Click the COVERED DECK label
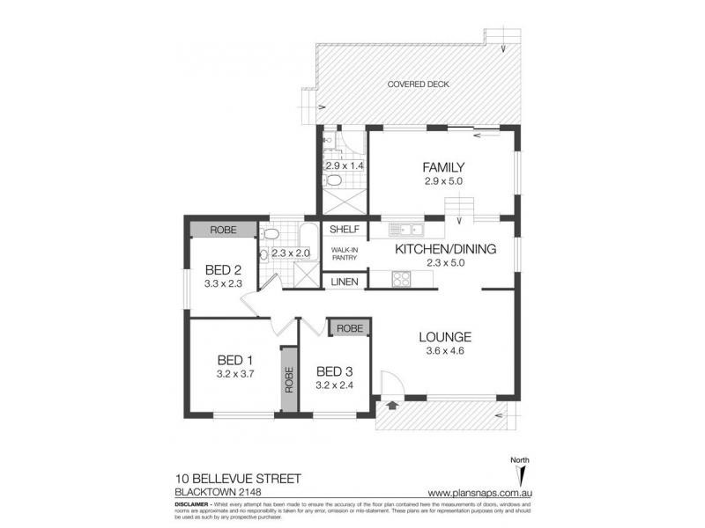[x=419, y=84]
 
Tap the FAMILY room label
[x=442, y=168]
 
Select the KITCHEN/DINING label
[x=445, y=249]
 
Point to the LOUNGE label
[x=445, y=336]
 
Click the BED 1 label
[x=236, y=359]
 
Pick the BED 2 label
[x=223, y=269]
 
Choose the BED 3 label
[x=334, y=370]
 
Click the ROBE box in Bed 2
[x=224, y=230]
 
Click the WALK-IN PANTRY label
[x=344, y=255]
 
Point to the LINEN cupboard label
[x=344, y=282]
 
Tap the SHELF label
[x=343, y=230]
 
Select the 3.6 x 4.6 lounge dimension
[x=445, y=352]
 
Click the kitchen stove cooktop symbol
[x=401, y=281]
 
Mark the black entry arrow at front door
[x=391, y=406]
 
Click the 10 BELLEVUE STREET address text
[x=239, y=478]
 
